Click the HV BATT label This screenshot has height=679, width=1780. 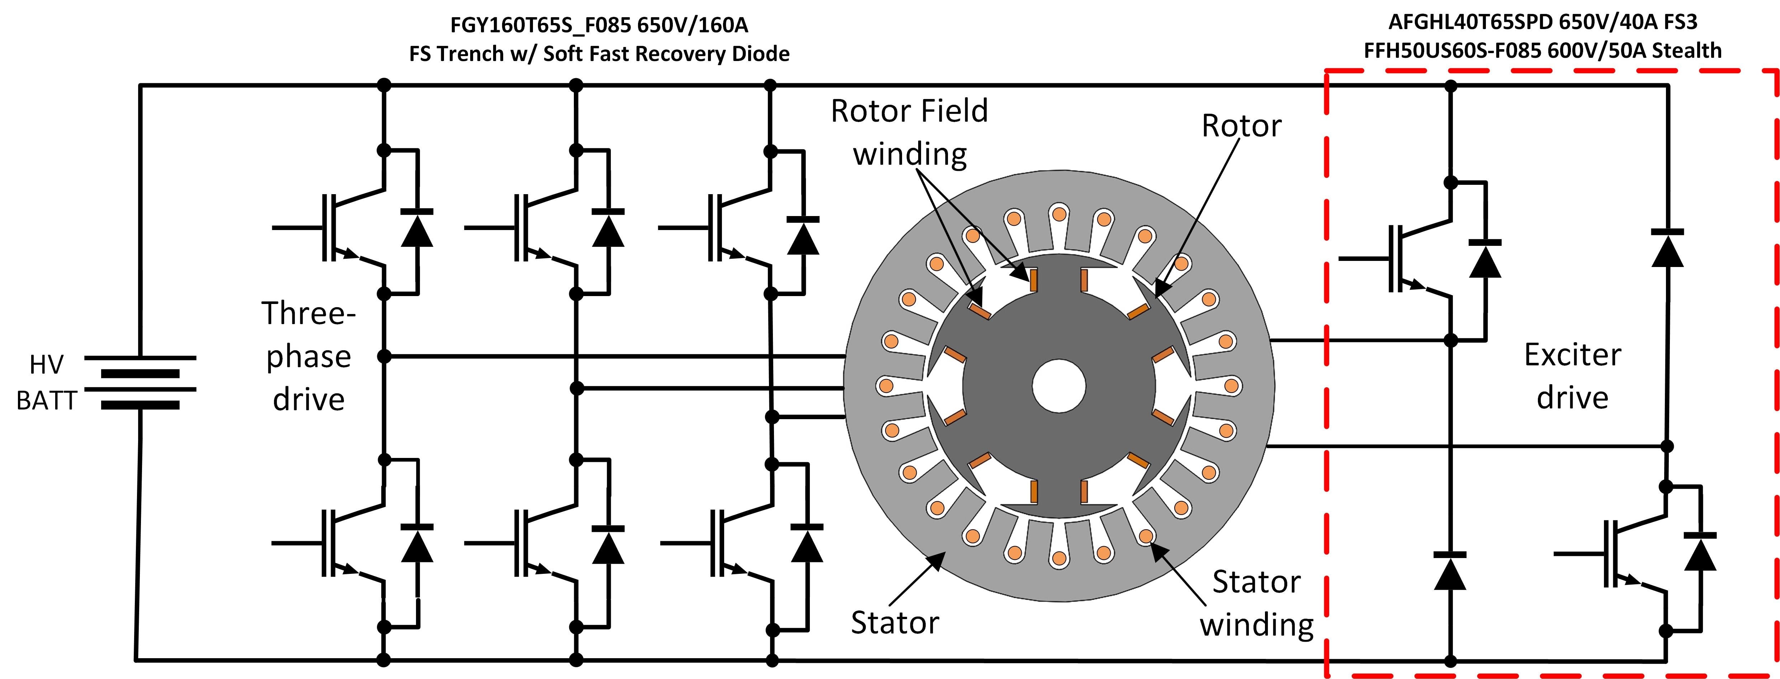[x=46, y=382]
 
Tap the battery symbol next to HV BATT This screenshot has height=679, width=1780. [x=140, y=382]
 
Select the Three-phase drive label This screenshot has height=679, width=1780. [x=308, y=356]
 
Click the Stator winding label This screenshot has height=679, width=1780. [x=1256, y=603]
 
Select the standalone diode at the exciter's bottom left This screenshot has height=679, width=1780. [x=1450, y=571]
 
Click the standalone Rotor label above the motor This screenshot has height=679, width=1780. [x=1241, y=126]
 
